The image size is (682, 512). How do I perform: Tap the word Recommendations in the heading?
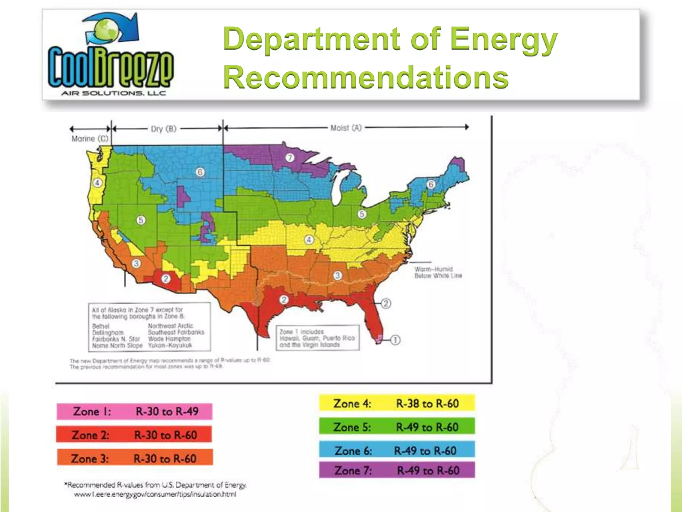(366, 77)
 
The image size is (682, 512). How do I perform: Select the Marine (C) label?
(90, 139)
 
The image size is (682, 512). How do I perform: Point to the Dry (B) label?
(164, 129)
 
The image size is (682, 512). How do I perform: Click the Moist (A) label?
(346, 128)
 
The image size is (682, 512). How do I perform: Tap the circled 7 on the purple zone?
(290, 158)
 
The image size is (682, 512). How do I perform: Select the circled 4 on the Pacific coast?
(97, 183)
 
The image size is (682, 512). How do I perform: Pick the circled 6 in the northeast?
(431, 184)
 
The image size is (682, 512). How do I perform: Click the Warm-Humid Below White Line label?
(438, 272)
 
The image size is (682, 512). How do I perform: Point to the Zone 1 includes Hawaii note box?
(317, 338)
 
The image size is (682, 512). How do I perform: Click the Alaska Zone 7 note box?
(149, 327)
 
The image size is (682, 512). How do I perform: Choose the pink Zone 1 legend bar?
(134, 411)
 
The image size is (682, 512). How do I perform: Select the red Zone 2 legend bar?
(134, 435)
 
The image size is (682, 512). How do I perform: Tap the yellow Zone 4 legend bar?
(397, 403)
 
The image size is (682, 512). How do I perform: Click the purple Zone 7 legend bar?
(397, 470)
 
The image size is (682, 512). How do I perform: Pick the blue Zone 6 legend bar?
(397, 450)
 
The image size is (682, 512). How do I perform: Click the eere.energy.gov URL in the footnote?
(155, 494)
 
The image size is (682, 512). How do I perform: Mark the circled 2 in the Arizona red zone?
(166, 278)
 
